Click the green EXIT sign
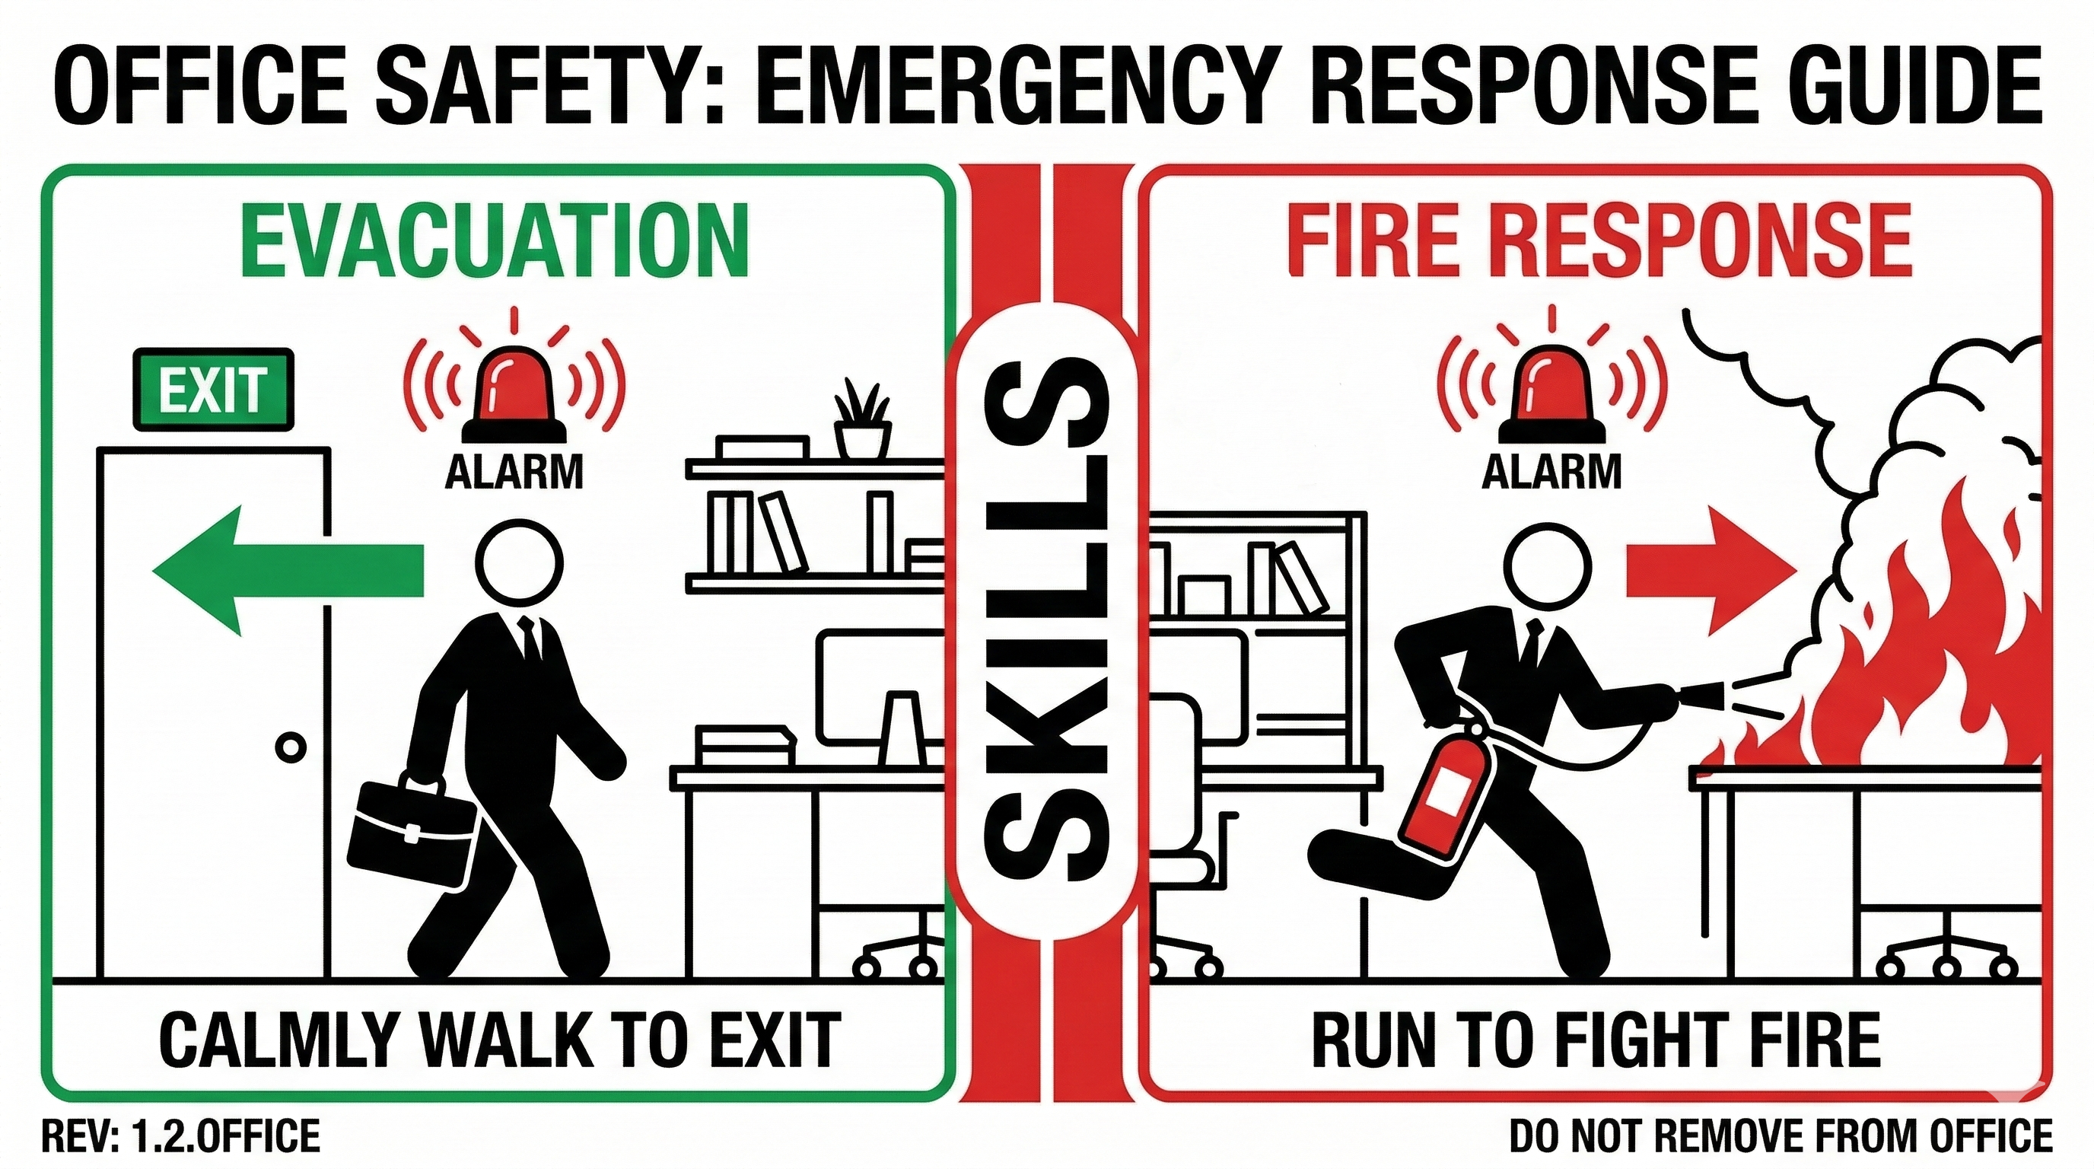[x=213, y=390]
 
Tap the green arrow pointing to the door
[x=288, y=570]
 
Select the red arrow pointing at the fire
[x=1711, y=571]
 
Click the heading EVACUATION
[x=493, y=240]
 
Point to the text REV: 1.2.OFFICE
[x=180, y=1136]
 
